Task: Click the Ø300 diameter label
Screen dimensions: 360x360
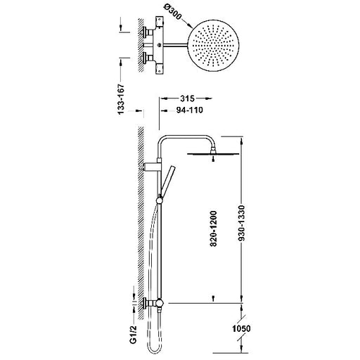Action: [x=172, y=13]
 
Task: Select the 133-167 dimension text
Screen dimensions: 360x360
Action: [x=120, y=99]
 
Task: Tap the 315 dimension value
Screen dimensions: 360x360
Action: [x=187, y=98]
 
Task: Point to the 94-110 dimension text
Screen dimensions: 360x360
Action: [x=190, y=110]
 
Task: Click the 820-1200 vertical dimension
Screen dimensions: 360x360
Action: [x=214, y=229]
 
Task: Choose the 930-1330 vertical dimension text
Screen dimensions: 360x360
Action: [x=241, y=223]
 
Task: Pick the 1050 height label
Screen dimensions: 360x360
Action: [x=241, y=328]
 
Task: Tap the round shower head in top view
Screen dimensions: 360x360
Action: [x=213, y=46]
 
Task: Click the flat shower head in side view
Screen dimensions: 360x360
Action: [x=213, y=154]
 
